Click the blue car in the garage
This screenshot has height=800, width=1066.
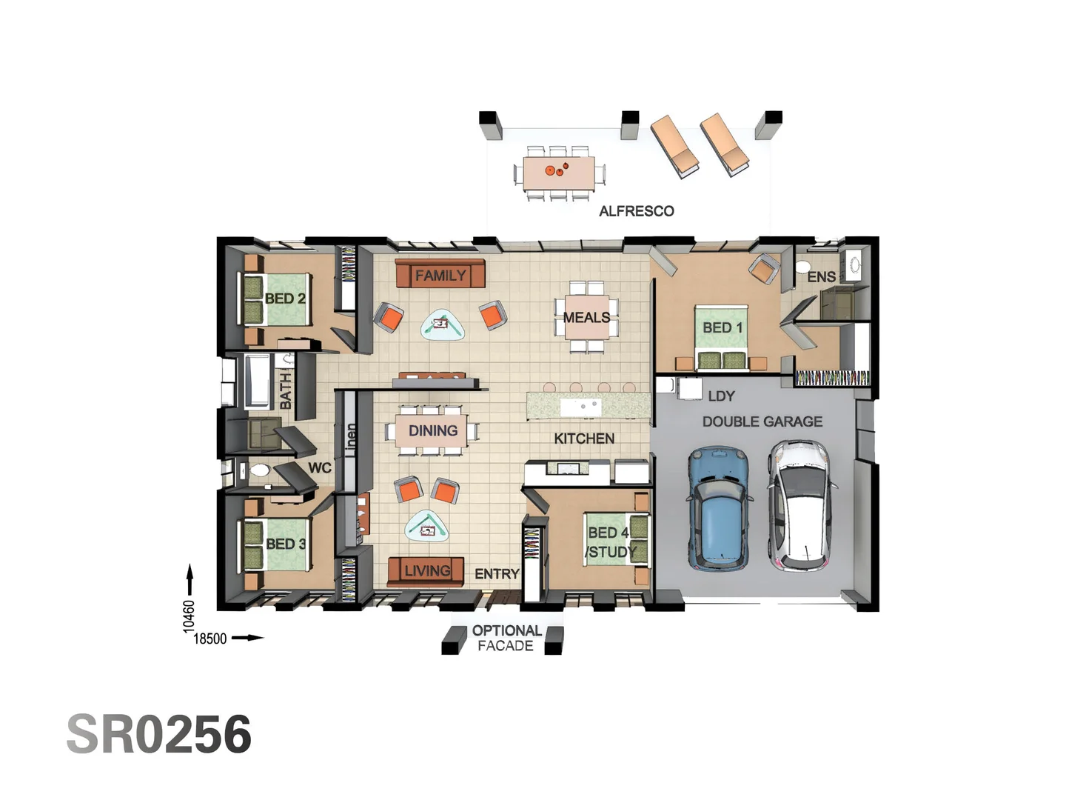coord(719,508)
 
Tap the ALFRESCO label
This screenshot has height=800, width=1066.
coord(636,211)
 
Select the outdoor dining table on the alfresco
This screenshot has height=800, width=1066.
coord(559,173)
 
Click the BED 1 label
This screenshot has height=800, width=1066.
coord(722,327)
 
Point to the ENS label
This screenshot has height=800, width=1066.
coord(821,277)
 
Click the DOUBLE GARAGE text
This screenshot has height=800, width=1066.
coord(762,421)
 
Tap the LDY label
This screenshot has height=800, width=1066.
coord(720,396)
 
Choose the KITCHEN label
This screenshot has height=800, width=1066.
coord(584,439)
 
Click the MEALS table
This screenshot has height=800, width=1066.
coord(588,317)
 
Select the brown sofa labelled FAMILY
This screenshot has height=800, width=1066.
coord(440,275)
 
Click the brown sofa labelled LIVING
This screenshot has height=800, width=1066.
coord(426,571)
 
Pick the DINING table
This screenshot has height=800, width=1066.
coord(432,431)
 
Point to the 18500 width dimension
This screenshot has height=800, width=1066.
coord(209,639)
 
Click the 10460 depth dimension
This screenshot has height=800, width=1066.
coord(190,615)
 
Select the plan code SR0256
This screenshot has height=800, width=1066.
coord(159,735)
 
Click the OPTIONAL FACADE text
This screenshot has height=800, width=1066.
coord(506,638)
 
